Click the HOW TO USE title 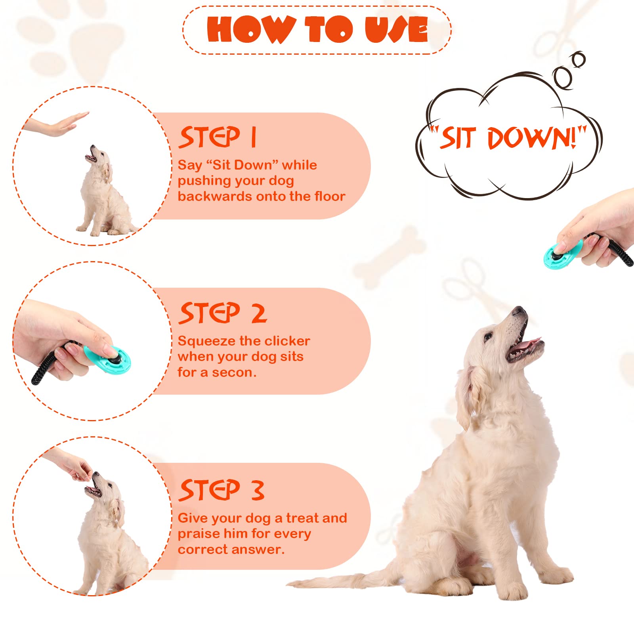pyautogui.click(x=317, y=29)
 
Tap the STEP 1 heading pyautogui.click(x=218, y=137)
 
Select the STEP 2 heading pyautogui.click(x=223, y=313)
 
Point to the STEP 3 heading pyautogui.click(x=222, y=490)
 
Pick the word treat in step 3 pyautogui.click(x=304, y=518)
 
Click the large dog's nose pyautogui.click(x=519, y=311)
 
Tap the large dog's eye pyautogui.click(x=488, y=336)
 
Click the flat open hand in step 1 pyautogui.click(x=55, y=125)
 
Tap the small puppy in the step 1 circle pyautogui.click(x=105, y=192)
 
